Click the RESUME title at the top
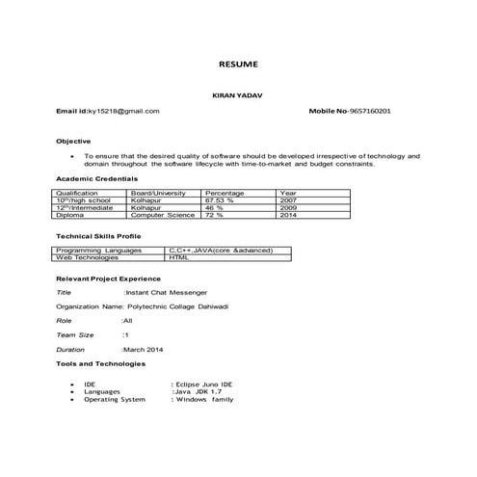click(x=238, y=65)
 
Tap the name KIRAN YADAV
click(x=238, y=95)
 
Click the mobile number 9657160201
click(x=363, y=112)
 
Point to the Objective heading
click(x=73, y=141)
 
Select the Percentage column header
click(x=225, y=193)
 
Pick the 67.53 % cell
click(x=223, y=199)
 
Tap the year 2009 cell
click(x=288, y=207)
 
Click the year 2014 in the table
click(x=288, y=215)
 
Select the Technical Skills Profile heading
click(x=99, y=236)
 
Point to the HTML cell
click(x=179, y=257)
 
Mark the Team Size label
click(x=75, y=333)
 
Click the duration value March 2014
click(x=145, y=349)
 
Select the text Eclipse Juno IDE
click(x=204, y=383)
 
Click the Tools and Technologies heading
click(x=100, y=364)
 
